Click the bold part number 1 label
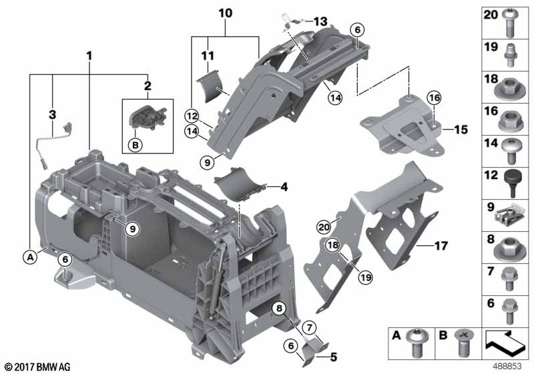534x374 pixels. click(89, 55)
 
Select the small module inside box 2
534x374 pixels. click(147, 118)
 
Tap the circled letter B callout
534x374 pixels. click(136, 146)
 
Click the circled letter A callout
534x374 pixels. click(30, 257)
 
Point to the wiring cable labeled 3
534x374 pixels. click(55, 144)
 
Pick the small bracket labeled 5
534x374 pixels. click(314, 353)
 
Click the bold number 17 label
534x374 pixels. click(441, 246)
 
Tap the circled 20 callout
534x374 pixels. click(324, 226)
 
